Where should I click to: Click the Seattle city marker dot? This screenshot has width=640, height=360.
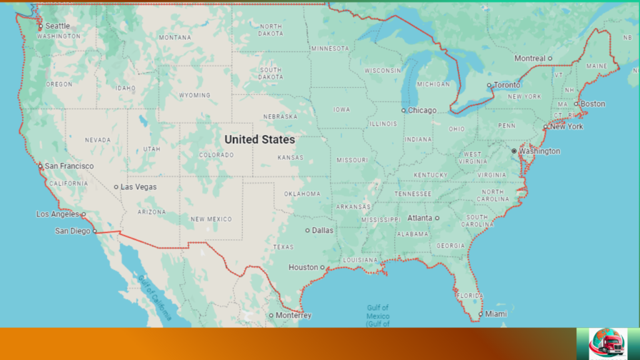click(41, 26)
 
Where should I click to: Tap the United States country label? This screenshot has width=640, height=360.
click(259, 139)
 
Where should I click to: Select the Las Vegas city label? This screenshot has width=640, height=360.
click(139, 187)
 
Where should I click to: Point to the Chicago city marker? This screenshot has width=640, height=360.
click(404, 111)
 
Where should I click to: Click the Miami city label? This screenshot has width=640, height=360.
click(496, 314)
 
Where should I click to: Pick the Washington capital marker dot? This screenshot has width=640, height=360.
click(514, 151)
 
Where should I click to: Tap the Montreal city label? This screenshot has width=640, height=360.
click(530, 58)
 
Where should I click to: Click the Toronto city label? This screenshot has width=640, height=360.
click(507, 85)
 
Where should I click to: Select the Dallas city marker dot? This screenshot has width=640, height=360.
click(307, 230)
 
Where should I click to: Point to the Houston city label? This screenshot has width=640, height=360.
click(303, 267)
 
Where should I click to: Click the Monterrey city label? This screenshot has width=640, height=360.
click(294, 316)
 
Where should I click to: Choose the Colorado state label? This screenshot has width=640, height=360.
click(216, 154)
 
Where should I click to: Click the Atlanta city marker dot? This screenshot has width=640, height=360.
click(437, 218)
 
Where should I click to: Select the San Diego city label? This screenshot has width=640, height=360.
click(72, 231)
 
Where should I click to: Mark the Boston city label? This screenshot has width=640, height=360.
click(593, 104)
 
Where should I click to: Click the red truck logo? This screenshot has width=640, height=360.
click(607, 343)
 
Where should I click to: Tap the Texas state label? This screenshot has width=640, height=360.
click(283, 247)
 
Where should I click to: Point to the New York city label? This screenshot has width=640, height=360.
click(566, 126)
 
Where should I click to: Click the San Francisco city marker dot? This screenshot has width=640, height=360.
click(41, 166)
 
